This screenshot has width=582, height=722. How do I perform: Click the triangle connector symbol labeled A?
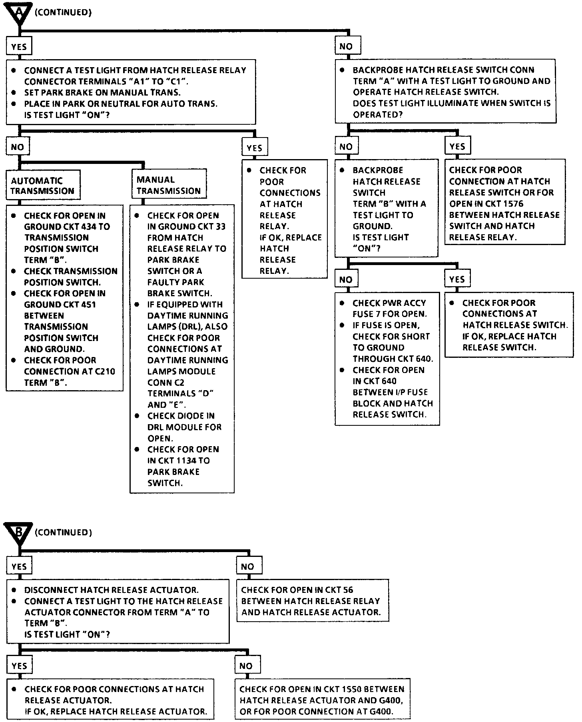click(19, 14)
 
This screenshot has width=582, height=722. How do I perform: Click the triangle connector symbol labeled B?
click(19, 533)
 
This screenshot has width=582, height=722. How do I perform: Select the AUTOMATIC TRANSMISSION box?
click(43, 185)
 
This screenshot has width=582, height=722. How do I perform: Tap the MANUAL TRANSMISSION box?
click(168, 185)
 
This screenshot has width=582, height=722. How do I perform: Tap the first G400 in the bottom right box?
click(390, 700)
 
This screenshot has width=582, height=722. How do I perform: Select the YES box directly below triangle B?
click(19, 566)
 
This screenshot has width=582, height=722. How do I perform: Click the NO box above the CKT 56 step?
click(248, 566)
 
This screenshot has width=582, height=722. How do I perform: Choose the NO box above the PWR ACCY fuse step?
click(346, 279)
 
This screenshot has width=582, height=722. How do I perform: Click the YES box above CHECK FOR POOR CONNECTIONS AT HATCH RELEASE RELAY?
click(254, 148)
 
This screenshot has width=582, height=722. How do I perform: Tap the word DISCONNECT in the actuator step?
click(51, 590)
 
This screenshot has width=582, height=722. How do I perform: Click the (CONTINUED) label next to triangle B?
click(63, 533)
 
